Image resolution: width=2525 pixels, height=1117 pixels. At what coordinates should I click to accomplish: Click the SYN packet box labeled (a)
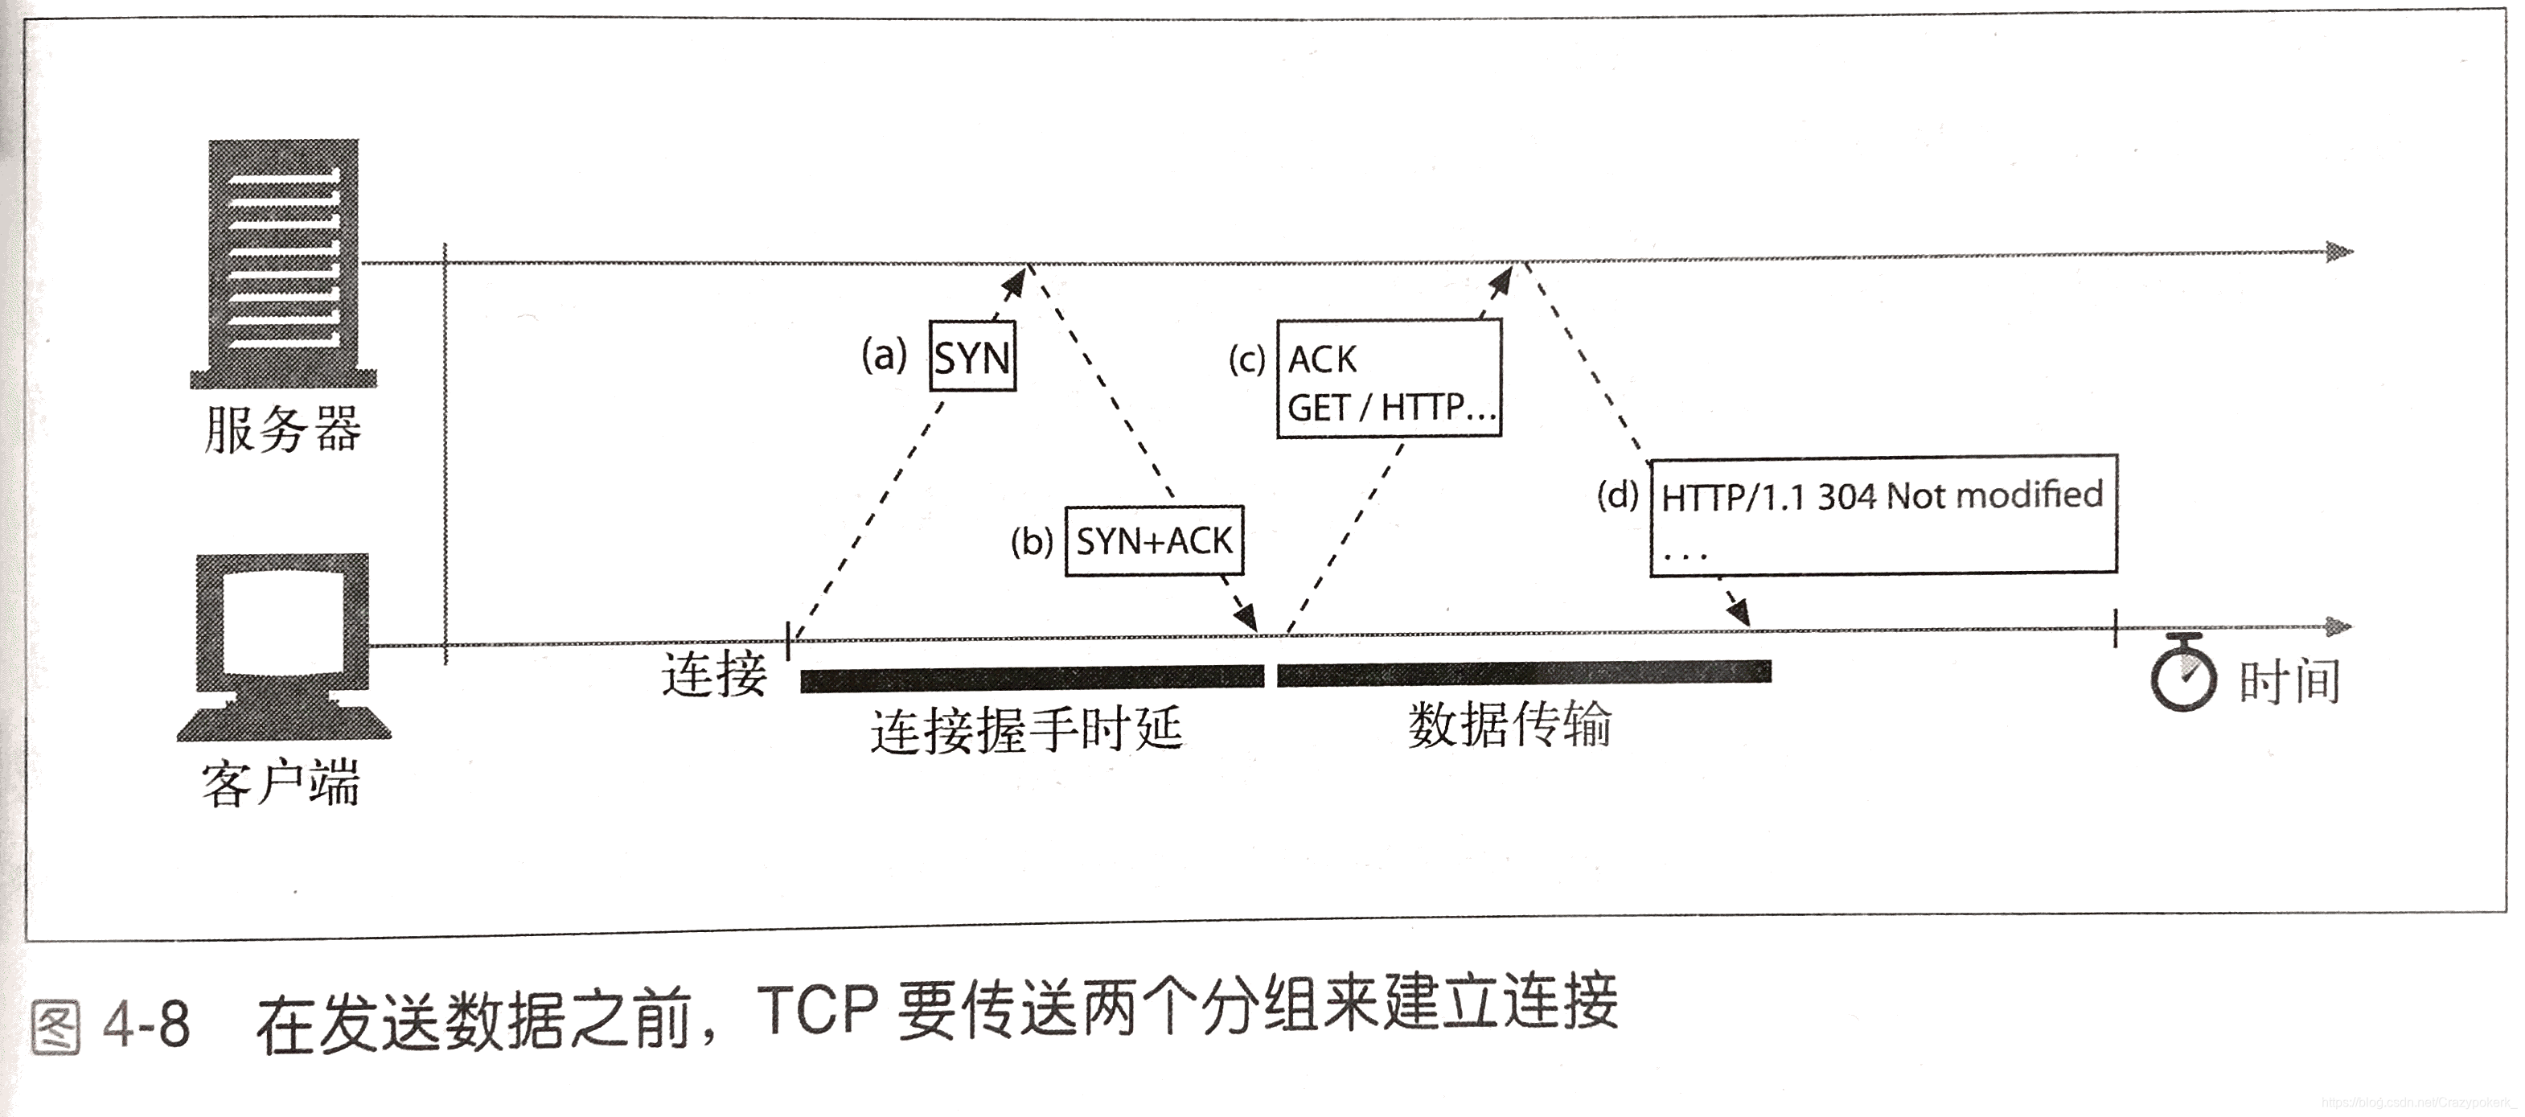tap(971, 357)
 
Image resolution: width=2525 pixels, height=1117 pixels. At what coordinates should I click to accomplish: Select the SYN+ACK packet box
tap(1154, 541)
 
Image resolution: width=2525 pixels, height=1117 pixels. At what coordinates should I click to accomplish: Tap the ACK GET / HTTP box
tap(1389, 380)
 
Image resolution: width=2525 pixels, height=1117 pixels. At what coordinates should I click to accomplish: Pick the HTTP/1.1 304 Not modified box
tap(1883, 515)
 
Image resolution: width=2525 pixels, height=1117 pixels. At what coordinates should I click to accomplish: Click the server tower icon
tap(283, 263)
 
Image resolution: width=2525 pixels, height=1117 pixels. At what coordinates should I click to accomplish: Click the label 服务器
tap(283, 429)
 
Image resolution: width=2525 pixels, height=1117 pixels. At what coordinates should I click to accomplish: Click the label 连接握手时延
tap(1026, 730)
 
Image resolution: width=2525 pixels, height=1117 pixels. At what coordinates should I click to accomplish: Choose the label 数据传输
tap(1509, 725)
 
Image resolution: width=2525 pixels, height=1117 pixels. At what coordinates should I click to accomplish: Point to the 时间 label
tap(2289, 681)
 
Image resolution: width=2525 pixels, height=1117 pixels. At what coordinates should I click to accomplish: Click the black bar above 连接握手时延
tap(1033, 678)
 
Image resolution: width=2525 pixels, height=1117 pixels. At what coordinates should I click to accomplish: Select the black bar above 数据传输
tap(1523, 673)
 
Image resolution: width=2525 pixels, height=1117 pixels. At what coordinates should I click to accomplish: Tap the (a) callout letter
tap(884, 355)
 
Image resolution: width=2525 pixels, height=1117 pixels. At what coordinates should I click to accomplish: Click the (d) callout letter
tap(1617, 496)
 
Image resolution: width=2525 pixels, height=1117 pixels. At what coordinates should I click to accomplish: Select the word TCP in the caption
tap(816, 1011)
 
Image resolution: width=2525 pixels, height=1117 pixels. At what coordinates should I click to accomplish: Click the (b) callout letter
tap(1031, 541)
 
